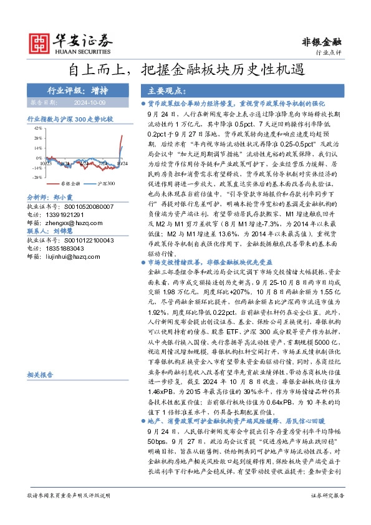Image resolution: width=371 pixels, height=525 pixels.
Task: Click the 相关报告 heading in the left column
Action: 40,375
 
